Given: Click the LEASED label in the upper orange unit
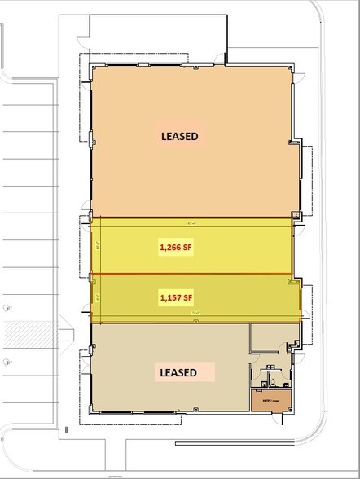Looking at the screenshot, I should [179, 137].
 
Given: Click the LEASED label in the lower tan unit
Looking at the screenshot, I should [178, 372].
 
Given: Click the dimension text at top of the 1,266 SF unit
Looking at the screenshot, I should [192, 221].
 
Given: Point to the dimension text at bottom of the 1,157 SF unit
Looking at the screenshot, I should [195, 320].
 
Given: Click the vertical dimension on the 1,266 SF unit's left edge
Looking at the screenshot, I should [97, 245].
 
